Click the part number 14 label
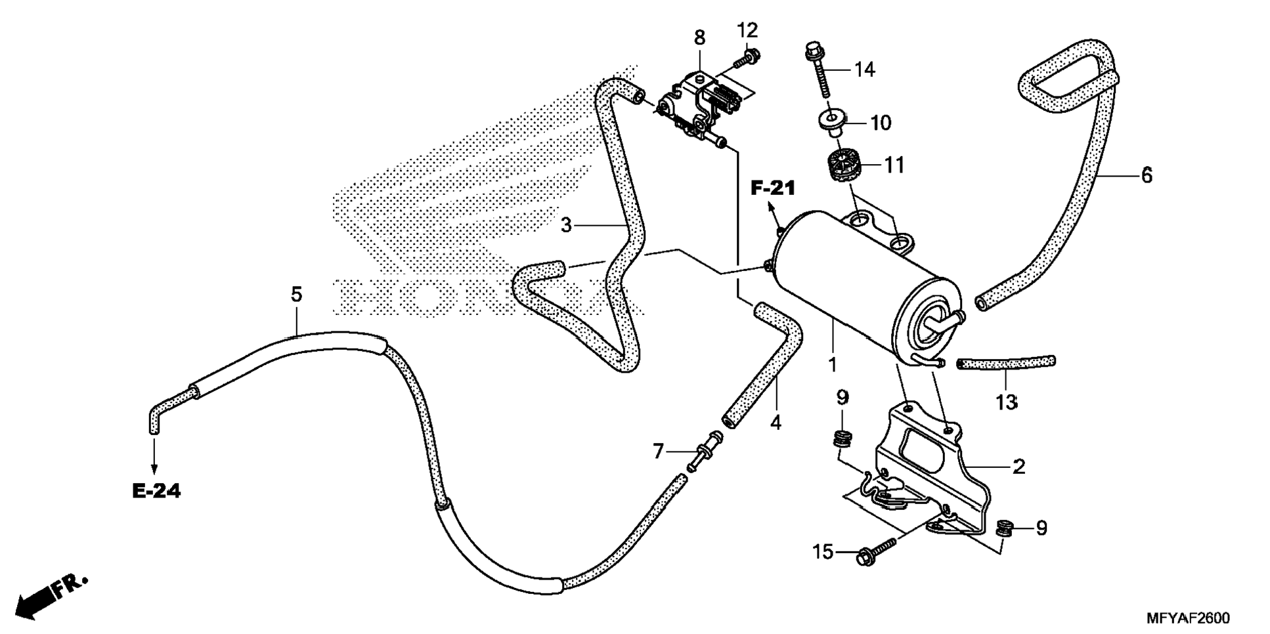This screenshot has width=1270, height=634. click(x=865, y=70)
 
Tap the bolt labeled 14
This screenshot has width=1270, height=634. click(x=819, y=69)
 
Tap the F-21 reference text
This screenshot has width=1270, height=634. click(x=773, y=189)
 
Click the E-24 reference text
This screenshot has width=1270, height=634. click(x=156, y=490)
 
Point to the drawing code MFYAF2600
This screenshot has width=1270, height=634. click(x=1188, y=618)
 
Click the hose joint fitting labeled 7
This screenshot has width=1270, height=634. click(x=703, y=451)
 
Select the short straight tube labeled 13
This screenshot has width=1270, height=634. click(x=1005, y=362)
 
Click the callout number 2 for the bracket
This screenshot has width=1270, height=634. click(x=1018, y=467)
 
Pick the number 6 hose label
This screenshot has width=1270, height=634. click(x=1147, y=175)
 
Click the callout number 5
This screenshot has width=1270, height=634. click(x=297, y=295)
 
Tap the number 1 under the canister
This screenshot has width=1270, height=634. click(x=833, y=365)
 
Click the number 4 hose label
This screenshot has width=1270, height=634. click(x=776, y=423)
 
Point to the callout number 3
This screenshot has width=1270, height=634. click(x=566, y=226)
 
